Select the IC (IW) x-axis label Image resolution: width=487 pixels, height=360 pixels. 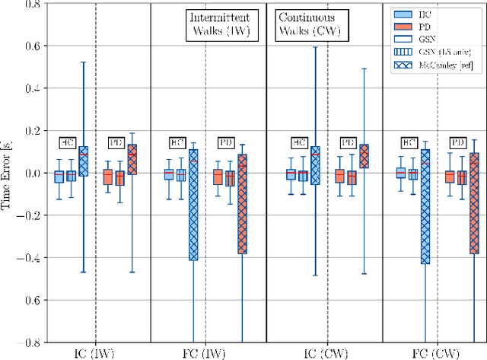click(94, 352)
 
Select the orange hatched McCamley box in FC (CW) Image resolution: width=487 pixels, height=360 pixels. click(475, 203)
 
